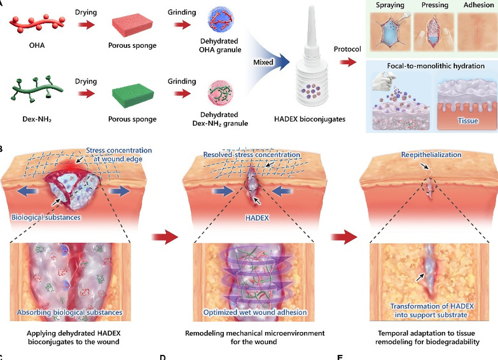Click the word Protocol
coord(347,50)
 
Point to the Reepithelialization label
coord(427,155)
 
